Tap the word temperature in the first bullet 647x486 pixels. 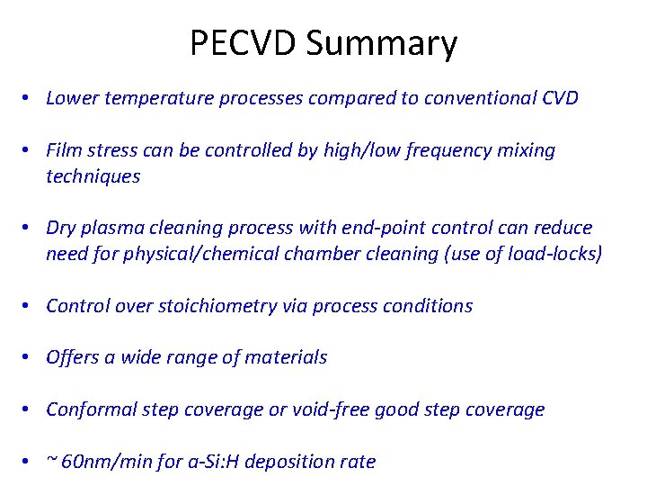coord(154,98)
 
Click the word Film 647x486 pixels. coord(64,150)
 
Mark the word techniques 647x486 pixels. coord(93,176)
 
